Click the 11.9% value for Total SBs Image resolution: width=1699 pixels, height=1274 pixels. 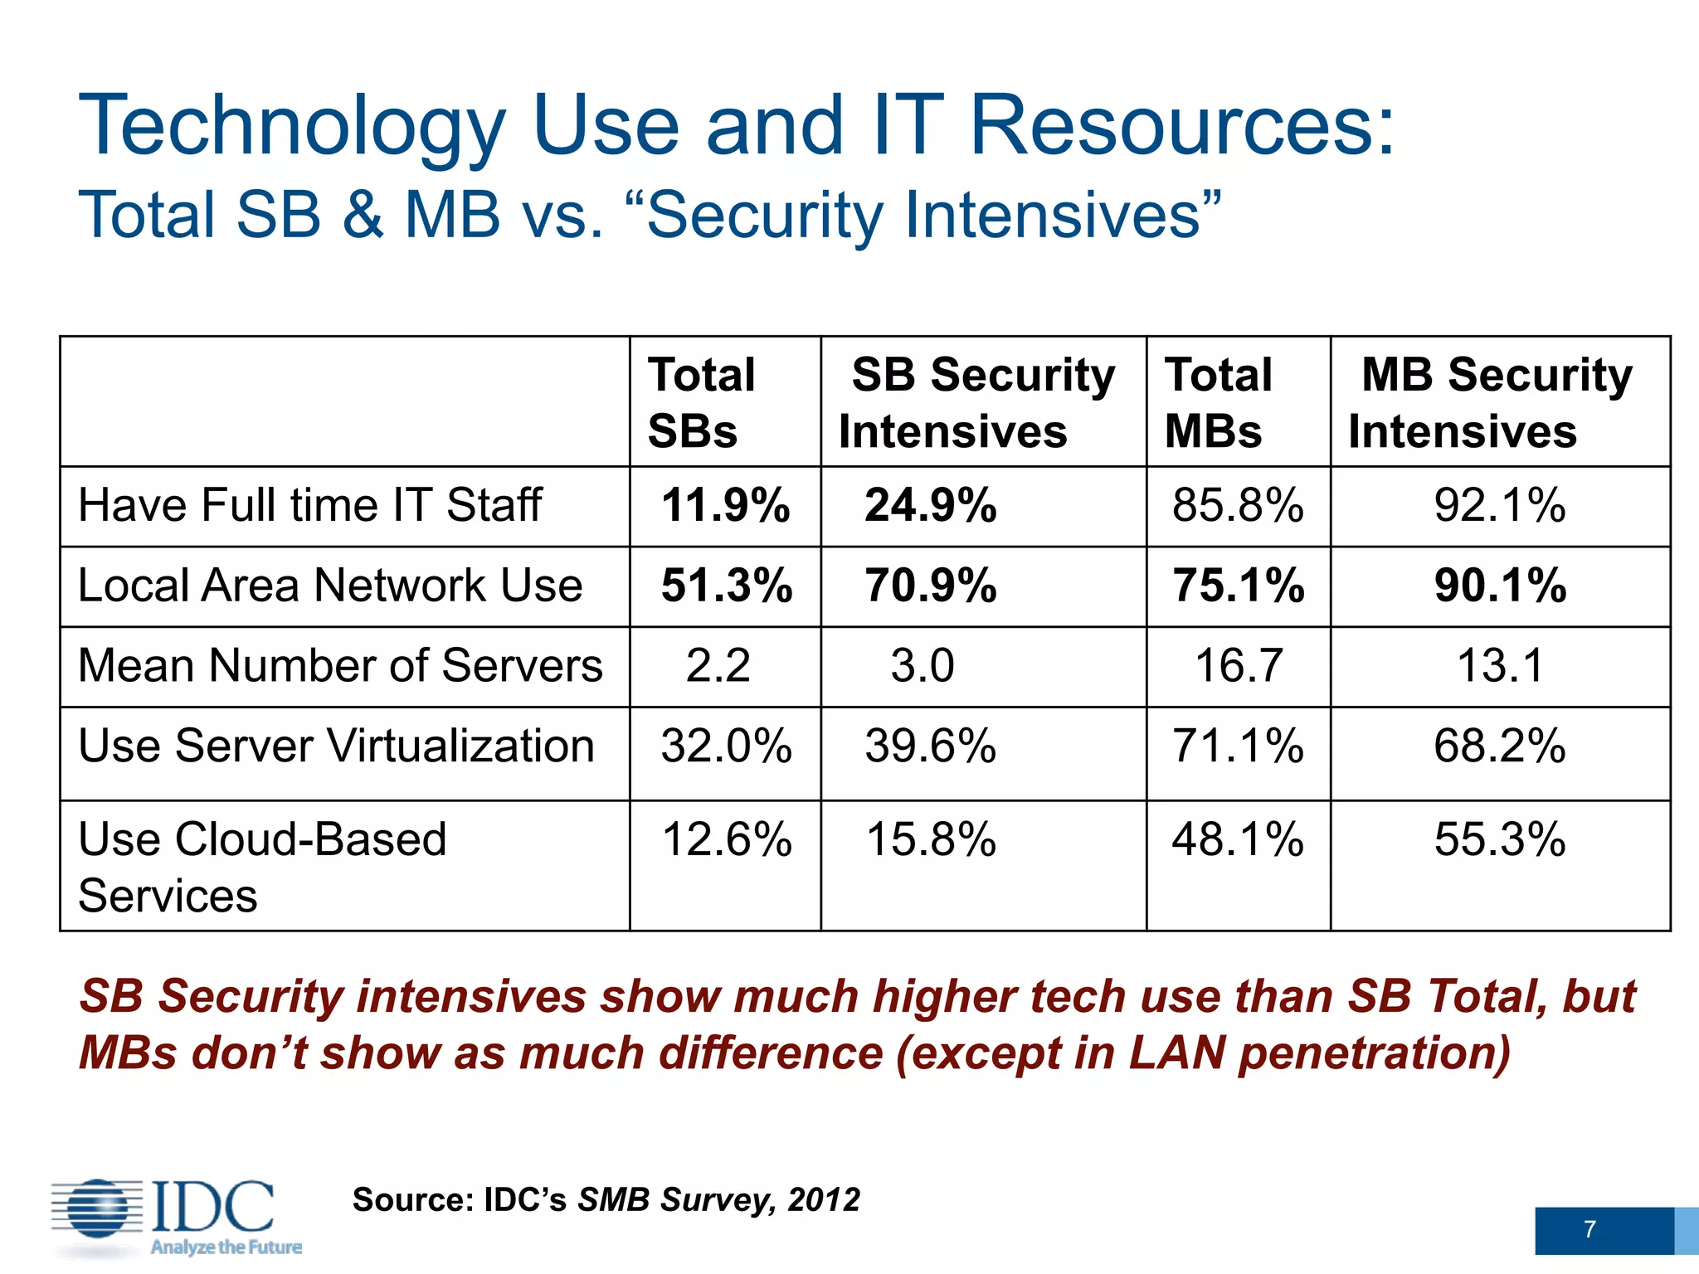pyautogui.click(x=725, y=505)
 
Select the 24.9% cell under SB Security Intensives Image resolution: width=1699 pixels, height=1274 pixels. pyautogui.click(x=930, y=505)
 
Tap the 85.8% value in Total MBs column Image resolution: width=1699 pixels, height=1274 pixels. pyautogui.click(x=1238, y=505)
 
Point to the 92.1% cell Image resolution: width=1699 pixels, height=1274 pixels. pyautogui.click(x=1500, y=505)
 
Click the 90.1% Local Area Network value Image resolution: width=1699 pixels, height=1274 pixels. pyautogui.click(x=1500, y=586)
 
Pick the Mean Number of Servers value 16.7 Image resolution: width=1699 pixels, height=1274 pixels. pyautogui.click(x=1239, y=666)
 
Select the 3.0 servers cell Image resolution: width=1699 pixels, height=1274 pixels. pyautogui.click(x=923, y=666)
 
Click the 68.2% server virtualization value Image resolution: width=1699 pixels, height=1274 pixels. pyautogui.click(x=1500, y=746)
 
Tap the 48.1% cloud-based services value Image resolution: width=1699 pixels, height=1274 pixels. pyautogui.click(x=1238, y=839)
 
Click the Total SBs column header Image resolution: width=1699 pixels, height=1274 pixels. pyautogui.click(x=702, y=402)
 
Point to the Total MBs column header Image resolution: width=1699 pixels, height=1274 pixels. pyautogui.click(x=1218, y=402)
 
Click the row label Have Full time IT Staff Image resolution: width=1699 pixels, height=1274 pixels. pyautogui.click(x=309, y=505)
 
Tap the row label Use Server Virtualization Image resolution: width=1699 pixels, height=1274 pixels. pyautogui.click(x=336, y=746)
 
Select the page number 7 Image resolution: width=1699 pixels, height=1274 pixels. pyautogui.click(x=1589, y=1229)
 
